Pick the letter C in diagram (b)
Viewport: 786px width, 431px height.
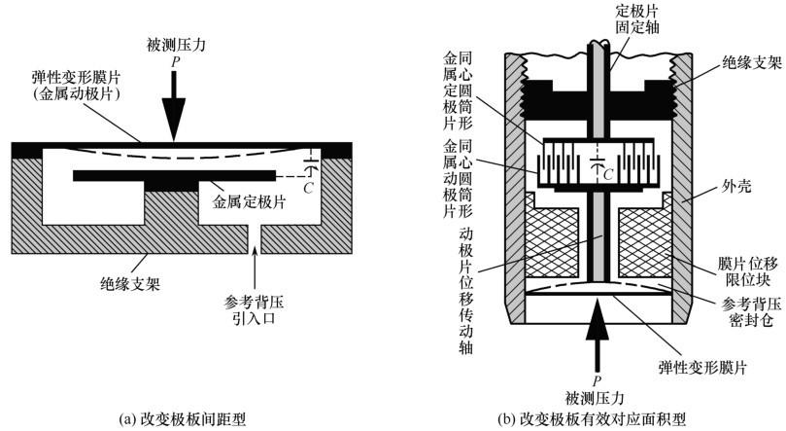pyautogui.click(x=608, y=173)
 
